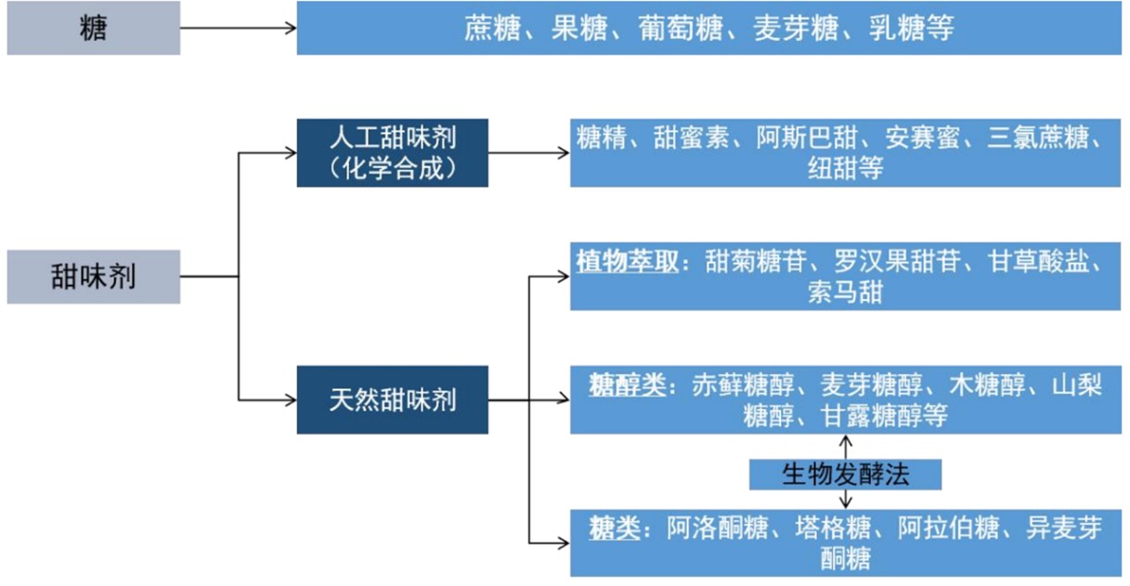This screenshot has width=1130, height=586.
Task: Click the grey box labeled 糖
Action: coord(93,29)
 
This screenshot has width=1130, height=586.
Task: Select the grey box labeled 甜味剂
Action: coord(93,277)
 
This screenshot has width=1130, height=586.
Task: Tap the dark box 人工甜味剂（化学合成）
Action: coord(392,152)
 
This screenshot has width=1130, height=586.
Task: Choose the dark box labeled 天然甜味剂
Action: coord(392,399)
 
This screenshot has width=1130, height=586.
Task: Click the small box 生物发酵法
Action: coord(845,475)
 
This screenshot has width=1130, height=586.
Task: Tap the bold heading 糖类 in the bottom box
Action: coord(615,527)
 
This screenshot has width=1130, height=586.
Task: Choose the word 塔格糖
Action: coord(833,527)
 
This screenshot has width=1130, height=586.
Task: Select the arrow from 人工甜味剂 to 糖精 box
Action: coord(528,152)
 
